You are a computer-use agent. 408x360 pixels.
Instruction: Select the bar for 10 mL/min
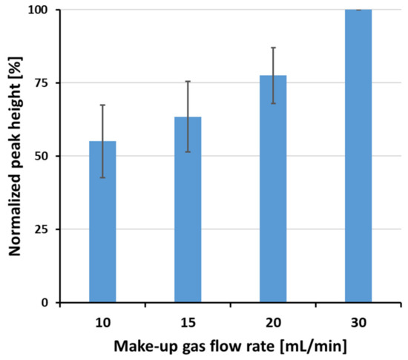tap(102, 223)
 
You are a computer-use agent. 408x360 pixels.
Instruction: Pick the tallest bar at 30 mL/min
tap(358, 156)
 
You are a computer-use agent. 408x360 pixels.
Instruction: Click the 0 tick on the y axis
tap(46, 303)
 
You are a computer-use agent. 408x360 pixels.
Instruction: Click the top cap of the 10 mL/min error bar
tap(102, 105)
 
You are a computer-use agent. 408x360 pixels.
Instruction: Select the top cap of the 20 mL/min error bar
tap(273, 48)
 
